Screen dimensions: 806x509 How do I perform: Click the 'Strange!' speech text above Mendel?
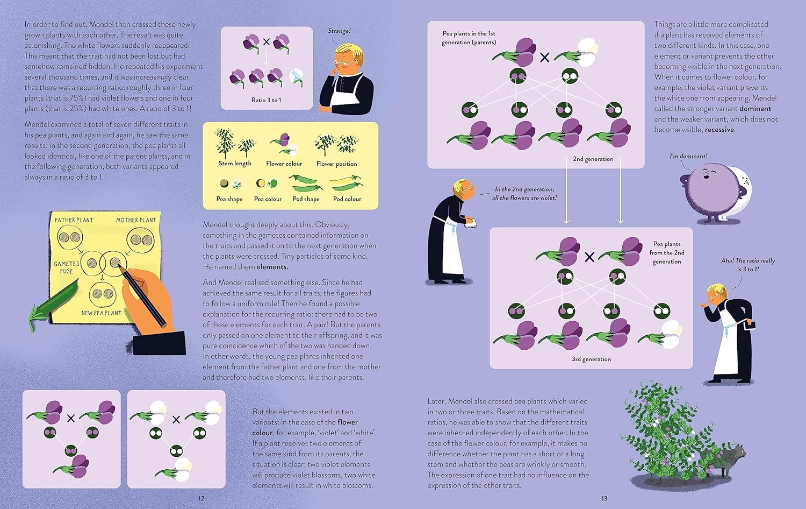coord(339,31)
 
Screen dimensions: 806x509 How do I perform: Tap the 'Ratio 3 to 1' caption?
coord(266,100)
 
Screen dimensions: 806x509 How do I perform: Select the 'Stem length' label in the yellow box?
coord(235,164)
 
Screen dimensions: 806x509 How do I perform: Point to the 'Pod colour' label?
coord(347,199)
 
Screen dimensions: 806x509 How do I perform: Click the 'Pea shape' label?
coord(229,199)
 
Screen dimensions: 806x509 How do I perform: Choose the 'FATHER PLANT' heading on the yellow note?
coord(74,220)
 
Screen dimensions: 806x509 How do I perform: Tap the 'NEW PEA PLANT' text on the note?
coord(102,313)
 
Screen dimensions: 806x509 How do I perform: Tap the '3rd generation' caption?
coord(591,359)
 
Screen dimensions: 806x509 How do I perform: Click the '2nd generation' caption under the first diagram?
coord(593,159)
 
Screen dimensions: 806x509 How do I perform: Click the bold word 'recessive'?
coord(719,130)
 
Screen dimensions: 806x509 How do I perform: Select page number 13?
coord(604,499)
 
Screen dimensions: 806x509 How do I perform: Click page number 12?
coord(201,499)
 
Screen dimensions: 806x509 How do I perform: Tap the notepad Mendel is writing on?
coord(471,224)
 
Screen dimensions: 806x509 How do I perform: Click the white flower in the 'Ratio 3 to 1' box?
coord(296,77)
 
